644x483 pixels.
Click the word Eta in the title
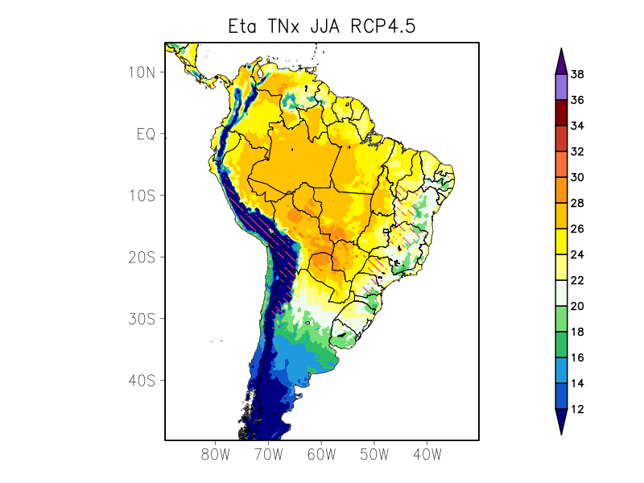coord(244,27)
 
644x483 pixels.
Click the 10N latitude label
coord(142,72)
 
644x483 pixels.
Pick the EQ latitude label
coord(146,134)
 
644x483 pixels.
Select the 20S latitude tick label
coord(142,257)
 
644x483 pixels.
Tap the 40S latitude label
coord(142,380)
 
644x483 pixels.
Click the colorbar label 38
coord(577,75)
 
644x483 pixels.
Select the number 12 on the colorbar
coord(577,409)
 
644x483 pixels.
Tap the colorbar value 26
coord(577,229)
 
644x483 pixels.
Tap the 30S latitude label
coord(142,319)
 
